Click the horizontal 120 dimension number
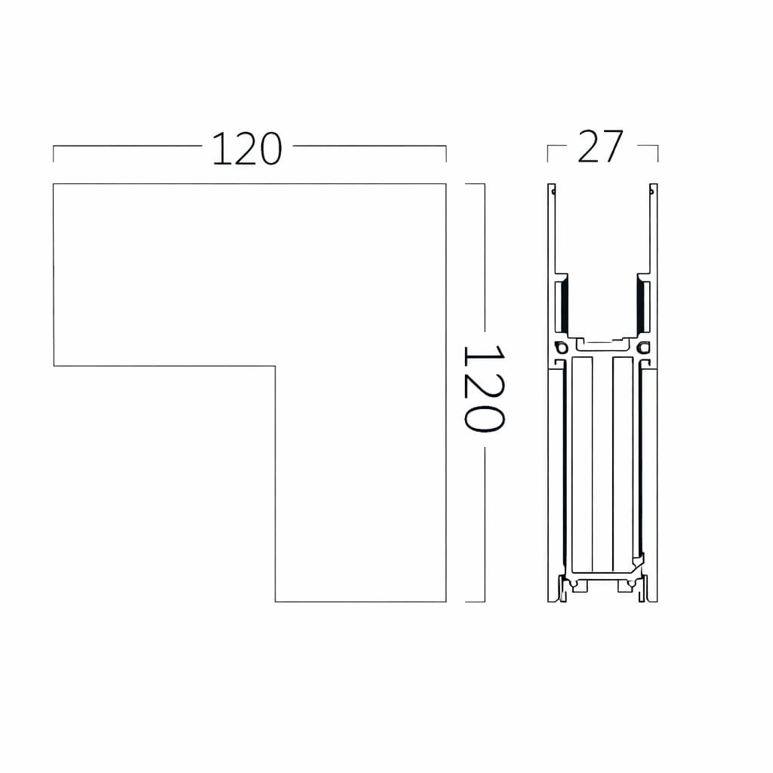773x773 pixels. coord(247,149)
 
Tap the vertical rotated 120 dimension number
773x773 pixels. coord(485,389)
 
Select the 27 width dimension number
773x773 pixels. coord(600,146)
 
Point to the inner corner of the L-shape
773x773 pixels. coord(275,366)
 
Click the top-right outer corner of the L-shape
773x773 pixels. coord(446,184)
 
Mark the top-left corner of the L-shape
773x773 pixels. coord(54,184)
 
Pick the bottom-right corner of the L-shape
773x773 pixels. coord(446,602)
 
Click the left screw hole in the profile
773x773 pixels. coord(560,347)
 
